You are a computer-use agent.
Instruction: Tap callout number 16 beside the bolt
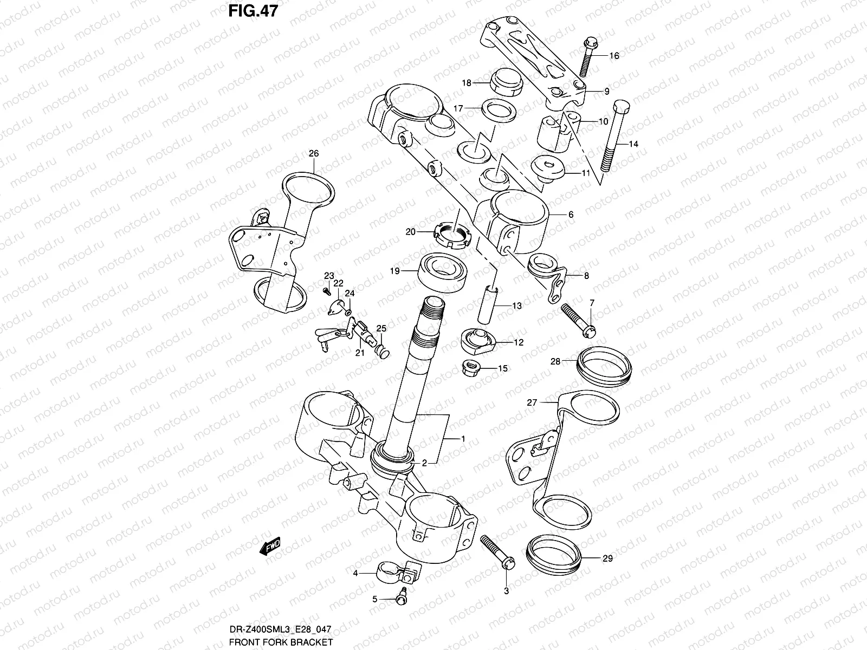613,56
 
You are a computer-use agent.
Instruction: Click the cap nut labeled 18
504,83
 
